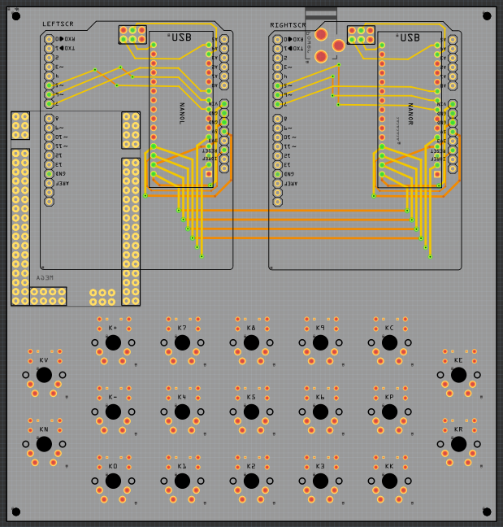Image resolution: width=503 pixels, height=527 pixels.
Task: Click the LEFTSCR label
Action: (58, 24)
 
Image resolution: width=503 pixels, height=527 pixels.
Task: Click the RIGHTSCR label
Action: (287, 24)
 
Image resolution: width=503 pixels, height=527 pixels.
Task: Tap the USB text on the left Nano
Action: (181, 37)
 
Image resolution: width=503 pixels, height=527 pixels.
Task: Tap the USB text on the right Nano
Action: (409, 37)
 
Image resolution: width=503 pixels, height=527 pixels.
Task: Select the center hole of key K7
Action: (182, 342)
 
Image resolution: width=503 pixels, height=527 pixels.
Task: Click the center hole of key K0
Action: (113, 481)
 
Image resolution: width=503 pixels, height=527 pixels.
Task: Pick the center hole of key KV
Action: (44, 375)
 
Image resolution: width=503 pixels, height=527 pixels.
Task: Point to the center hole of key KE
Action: (458, 375)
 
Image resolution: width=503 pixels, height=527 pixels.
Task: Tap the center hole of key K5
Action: (251, 412)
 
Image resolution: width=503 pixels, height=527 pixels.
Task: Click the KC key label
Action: (389, 328)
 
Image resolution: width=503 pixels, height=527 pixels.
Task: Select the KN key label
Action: (44, 429)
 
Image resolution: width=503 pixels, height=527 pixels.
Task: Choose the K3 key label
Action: (320, 467)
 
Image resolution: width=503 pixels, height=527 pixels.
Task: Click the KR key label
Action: (458, 429)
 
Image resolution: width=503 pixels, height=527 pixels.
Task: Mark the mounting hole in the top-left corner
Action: (15, 15)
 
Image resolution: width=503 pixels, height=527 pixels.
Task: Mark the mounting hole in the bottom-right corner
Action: (487, 512)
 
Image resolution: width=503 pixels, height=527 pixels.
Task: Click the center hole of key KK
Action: (389, 481)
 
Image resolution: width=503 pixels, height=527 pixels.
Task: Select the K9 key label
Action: (320, 328)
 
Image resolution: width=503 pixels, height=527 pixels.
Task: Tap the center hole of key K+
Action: (113, 342)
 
